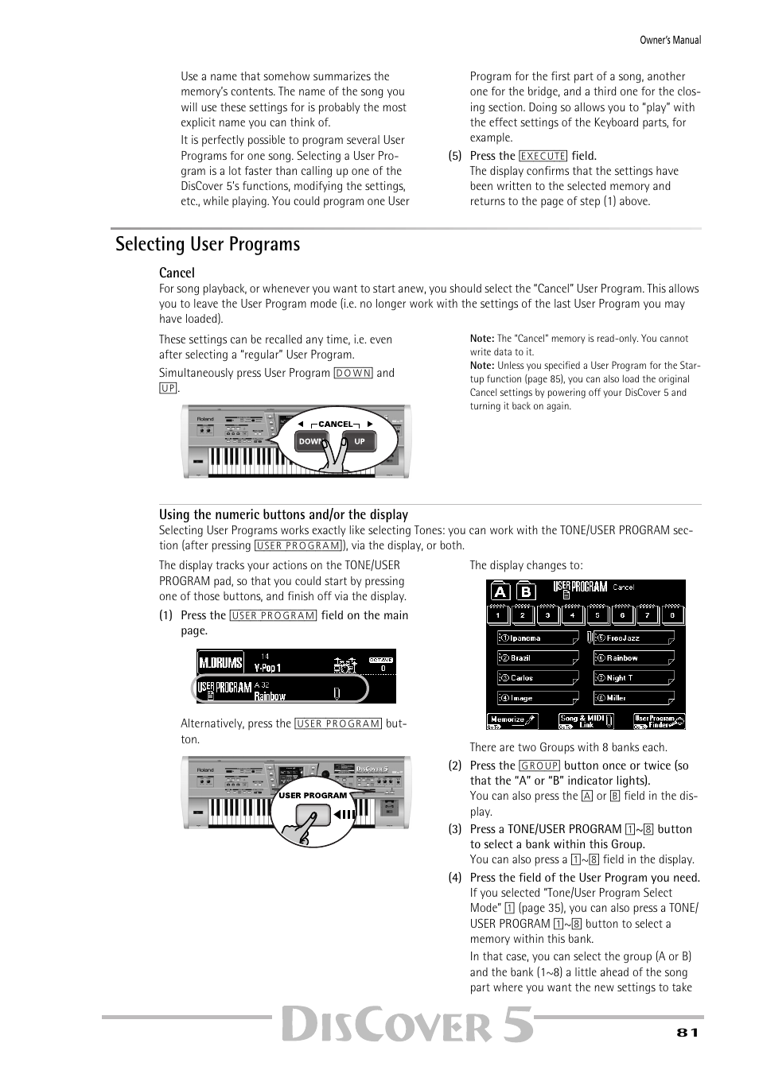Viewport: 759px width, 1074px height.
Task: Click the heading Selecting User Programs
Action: click(208, 244)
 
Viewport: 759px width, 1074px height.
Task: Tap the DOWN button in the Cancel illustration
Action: click(310, 442)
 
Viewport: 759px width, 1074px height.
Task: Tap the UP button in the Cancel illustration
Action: click(360, 442)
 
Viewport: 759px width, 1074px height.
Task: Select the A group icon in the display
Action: click(500, 591)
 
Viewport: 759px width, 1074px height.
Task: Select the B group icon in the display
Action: click(526, 591)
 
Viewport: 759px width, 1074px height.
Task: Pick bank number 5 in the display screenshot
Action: click(597, 615)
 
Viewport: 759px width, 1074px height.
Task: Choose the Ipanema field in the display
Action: click(538, 638)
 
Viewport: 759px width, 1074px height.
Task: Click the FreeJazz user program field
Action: click(634, 638)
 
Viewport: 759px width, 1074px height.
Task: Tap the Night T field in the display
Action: click(634, 678)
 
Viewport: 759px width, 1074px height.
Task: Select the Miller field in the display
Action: click(634, 698)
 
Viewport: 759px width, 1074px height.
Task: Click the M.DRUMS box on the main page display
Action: click(220, 663)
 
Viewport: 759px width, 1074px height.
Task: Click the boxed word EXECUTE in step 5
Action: click(543, 157)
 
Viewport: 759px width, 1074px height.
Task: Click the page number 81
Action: click(687, 1032)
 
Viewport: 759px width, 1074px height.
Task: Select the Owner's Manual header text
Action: click(670, 40)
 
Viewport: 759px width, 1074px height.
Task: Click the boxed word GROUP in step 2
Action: click(539, 766)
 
